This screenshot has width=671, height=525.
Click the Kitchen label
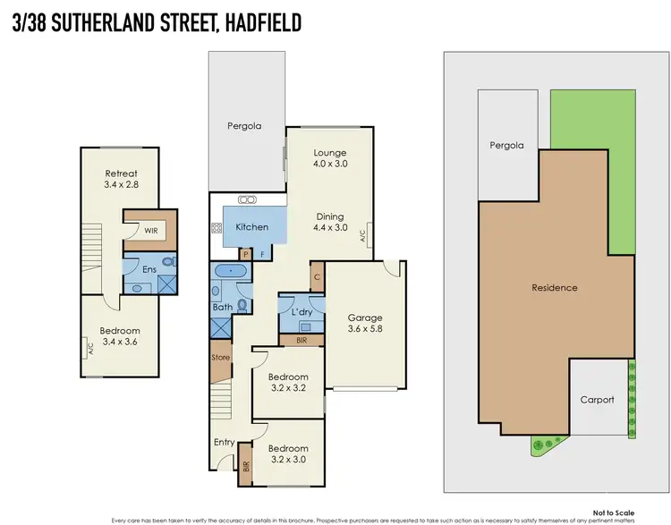coord(251,227)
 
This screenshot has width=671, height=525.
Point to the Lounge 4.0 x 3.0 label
coord(329,158)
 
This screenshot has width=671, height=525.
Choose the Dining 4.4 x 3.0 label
coord(329,222)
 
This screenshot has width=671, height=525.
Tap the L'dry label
coord(301,310)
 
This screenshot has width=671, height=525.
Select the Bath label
coord(223,307)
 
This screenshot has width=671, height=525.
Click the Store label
coord(220,358)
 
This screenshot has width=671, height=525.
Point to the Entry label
coord(224,442)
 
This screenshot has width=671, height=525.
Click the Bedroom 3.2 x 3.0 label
coord(288,454)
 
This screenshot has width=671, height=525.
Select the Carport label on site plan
coord(598,400)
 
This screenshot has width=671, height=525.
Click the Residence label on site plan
coord(555,288)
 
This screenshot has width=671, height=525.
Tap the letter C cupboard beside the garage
coord(317,275)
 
